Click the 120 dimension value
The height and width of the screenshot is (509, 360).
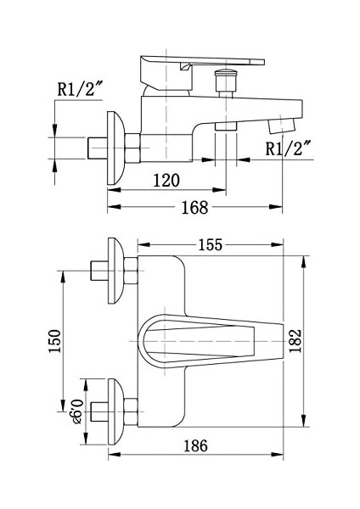pos(166,181)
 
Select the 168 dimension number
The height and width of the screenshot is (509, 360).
pos(194,208)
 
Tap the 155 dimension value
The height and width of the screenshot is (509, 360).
pos(211,245)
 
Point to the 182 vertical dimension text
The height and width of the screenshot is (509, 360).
pos(295,341)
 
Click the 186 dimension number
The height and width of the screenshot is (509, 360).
pos(195,445)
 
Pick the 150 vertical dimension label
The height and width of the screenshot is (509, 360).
pos(54,341)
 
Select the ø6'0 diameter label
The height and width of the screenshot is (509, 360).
pos(78,411)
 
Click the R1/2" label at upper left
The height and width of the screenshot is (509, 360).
pos(80,88)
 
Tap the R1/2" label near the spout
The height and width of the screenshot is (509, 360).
pos(288,148)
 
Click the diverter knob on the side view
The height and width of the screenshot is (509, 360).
pos(224,83)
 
